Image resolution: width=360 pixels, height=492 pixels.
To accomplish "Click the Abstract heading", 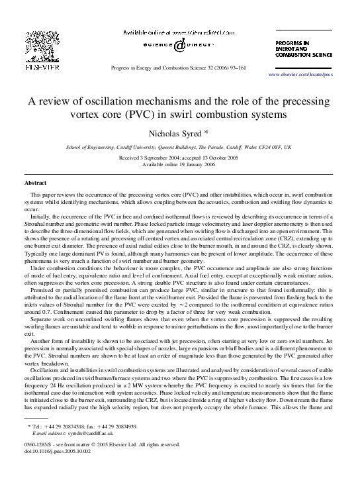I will click(x=35, y=181).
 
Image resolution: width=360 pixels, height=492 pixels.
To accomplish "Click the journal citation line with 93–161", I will click(x=179, y=69).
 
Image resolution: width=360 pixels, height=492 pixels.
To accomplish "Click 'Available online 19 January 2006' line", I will click(x=180, y=166).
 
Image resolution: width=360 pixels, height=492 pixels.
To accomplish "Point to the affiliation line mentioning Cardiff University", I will click(x=180, y=148).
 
